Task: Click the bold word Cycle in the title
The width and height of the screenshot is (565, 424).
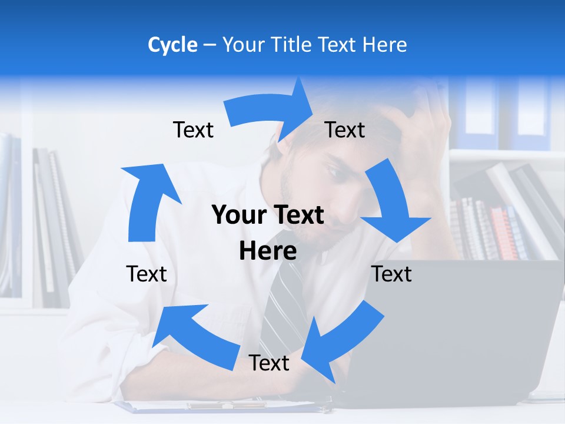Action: [172, 45]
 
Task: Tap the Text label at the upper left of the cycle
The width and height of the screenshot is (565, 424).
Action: [193, 130]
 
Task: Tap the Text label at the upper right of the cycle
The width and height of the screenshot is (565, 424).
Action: [345, 130]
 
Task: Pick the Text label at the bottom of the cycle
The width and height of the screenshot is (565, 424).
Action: [269, 363]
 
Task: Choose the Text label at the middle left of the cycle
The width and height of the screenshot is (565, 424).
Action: [147, 274]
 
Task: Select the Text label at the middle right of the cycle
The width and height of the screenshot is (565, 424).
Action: [391, 274]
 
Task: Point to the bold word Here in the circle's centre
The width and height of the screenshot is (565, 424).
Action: [268, 251]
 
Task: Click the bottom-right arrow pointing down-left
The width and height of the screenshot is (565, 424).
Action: [341, 342]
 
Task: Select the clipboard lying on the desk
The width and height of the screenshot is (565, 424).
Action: [224, 406]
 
